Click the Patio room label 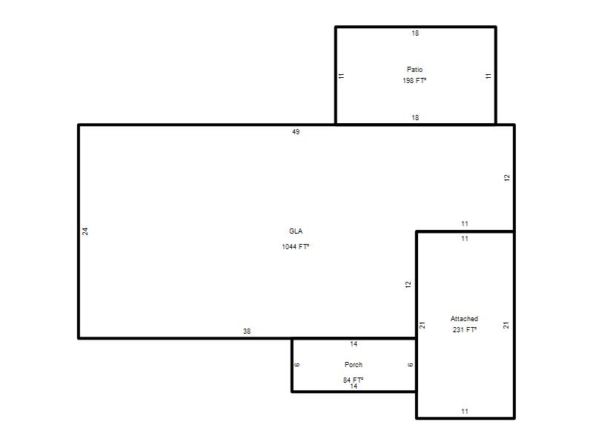pyautogui.click(x=414, y=70)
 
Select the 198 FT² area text pyautogui.click(x=414, y=81)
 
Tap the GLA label pyautogui.click(x=296, y=231)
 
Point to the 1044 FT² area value pyautogui.click(x=295, y=247)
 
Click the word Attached pyautogui.click(x=464, y=319)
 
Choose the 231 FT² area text pyautogui.click(x=465, y=329)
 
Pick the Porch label pyautogui.click(x=354, y=364)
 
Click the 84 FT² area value pyautogui.click(x=354, y=380)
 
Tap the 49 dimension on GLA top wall pyautogui.click(x=296, y=132)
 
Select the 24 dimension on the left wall pyautogui.click(x=85, y=231)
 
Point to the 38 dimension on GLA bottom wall pyautogui.click(x=247, y=331)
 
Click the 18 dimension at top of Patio pyautogui.click(x=415, y=33)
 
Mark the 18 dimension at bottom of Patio pyautogui.click(x=415, y=118)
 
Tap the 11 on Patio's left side pyautogui.click(x=342, y=76)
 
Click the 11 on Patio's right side pyautogui.click(x=488, y=76)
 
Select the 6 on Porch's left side pyautogui.click(x=297, y=365)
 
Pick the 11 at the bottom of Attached pyautogui.click(x=465, y=412)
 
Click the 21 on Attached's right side pyautogui.click(x=506, y=325)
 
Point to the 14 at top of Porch pyautogui.click(x=354, y=344)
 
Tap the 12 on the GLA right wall pyautogui.click(x=507, y=177)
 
